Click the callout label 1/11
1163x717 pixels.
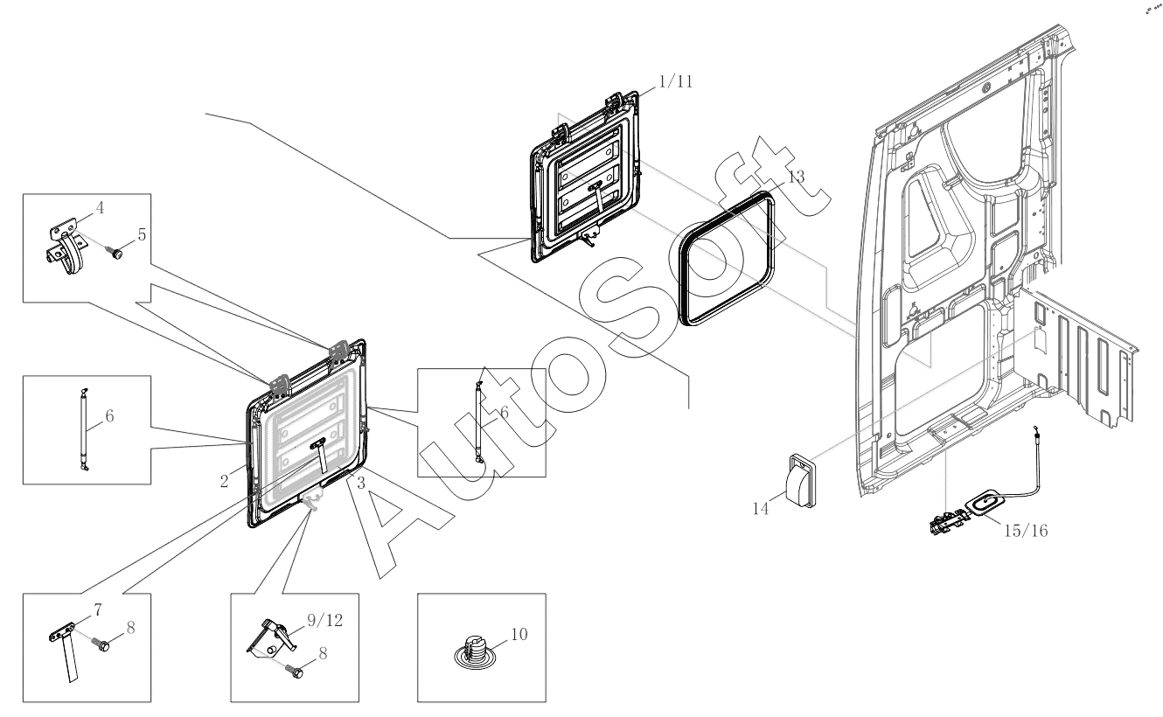[675, 81]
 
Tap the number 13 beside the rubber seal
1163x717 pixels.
[796, 177]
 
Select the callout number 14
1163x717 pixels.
[761, 508]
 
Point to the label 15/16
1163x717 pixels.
[1026, 531]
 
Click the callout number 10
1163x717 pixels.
[519, 634]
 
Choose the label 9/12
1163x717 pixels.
[325, 621]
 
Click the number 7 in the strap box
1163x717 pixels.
[98, 609]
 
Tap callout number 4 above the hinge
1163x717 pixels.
[100, 208]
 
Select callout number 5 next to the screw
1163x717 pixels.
[142, 234]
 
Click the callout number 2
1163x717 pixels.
[224, 482]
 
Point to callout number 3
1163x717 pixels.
[361, 484]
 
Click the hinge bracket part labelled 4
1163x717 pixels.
[65, 248]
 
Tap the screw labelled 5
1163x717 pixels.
[115, 253]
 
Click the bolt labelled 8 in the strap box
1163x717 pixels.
[101, 644]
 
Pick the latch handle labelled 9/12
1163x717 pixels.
[273, 636]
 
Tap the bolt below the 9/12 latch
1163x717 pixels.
[295, 672]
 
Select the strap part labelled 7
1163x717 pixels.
[66, 653]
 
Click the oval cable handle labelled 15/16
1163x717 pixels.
[985, 505]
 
